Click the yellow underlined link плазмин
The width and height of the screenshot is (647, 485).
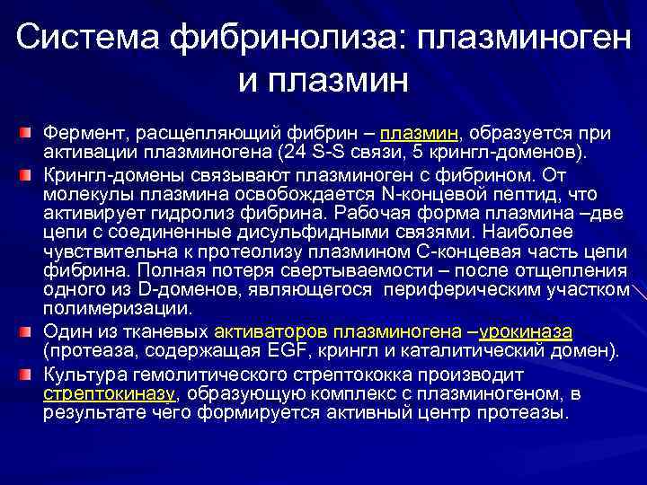[424, 133]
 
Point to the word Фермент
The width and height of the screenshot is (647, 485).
[75, 133]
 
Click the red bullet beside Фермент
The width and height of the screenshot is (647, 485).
[29, 134]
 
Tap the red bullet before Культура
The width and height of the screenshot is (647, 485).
[29, 374]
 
